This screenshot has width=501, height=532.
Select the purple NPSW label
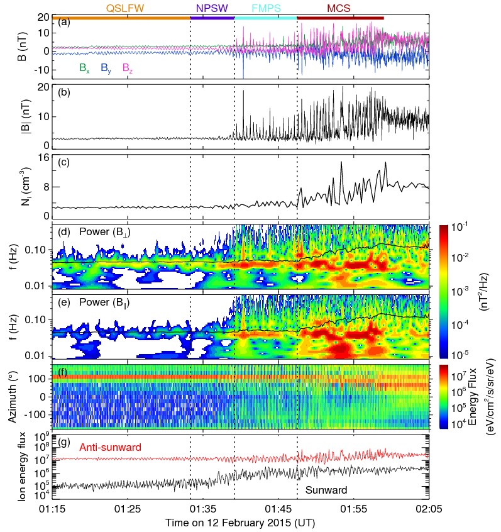(212, 8)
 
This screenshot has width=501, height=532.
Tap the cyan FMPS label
(266, 8)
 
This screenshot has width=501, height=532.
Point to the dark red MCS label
(339, 8)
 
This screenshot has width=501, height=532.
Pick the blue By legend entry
(106, 68)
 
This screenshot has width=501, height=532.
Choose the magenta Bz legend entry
(127, 68)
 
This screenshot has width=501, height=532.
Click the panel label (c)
(63, 162)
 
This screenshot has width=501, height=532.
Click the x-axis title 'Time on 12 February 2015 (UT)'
(240, 523)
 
